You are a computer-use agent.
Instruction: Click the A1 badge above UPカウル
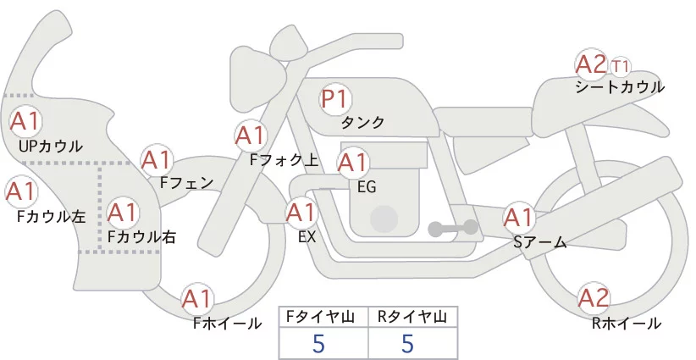point(25,122)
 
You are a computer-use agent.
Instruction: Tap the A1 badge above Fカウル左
point(21,191)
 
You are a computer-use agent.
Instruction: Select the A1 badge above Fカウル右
point(123,213)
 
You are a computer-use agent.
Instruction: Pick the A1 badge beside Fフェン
point(157,160)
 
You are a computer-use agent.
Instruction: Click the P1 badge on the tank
point(335,99)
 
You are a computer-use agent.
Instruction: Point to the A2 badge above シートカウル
point(591,64)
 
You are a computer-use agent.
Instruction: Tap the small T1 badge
point(620,67)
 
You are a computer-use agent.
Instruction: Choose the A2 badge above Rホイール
point(594,298)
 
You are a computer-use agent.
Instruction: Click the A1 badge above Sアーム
point(518,218)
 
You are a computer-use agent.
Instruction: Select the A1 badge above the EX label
point(301,213)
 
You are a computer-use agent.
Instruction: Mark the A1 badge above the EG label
point(353,163)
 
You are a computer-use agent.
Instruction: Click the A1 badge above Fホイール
point(196,299)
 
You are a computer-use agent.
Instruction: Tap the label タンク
point(362,122)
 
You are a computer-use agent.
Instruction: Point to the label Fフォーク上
point(284,160)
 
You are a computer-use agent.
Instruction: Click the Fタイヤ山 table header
point(323,317)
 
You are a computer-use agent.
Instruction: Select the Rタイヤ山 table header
point(413,317)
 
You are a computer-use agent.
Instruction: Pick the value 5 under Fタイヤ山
point(318,343)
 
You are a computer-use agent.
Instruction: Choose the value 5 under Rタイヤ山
point(407,343)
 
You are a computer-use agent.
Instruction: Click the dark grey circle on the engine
point(384,219)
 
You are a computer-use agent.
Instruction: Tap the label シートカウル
point(620,87)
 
